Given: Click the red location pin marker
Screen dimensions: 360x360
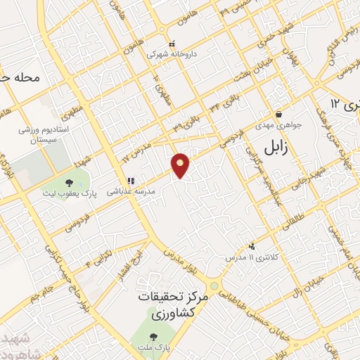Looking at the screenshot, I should click(181, 165).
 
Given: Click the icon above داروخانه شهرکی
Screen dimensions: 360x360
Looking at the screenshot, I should click(171, 43).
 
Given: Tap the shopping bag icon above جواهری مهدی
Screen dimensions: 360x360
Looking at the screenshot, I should click(279, 114).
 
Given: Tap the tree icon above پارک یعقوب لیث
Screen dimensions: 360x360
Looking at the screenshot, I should click(67, 182).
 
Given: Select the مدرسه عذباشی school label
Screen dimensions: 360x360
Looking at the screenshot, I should click(131, 191).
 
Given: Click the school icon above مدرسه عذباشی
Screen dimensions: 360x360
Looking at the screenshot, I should click(130, 180).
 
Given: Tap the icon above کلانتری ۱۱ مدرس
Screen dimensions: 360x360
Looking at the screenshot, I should click(252, 246).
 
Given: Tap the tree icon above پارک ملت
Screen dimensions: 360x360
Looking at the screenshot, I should click(154, 336).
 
